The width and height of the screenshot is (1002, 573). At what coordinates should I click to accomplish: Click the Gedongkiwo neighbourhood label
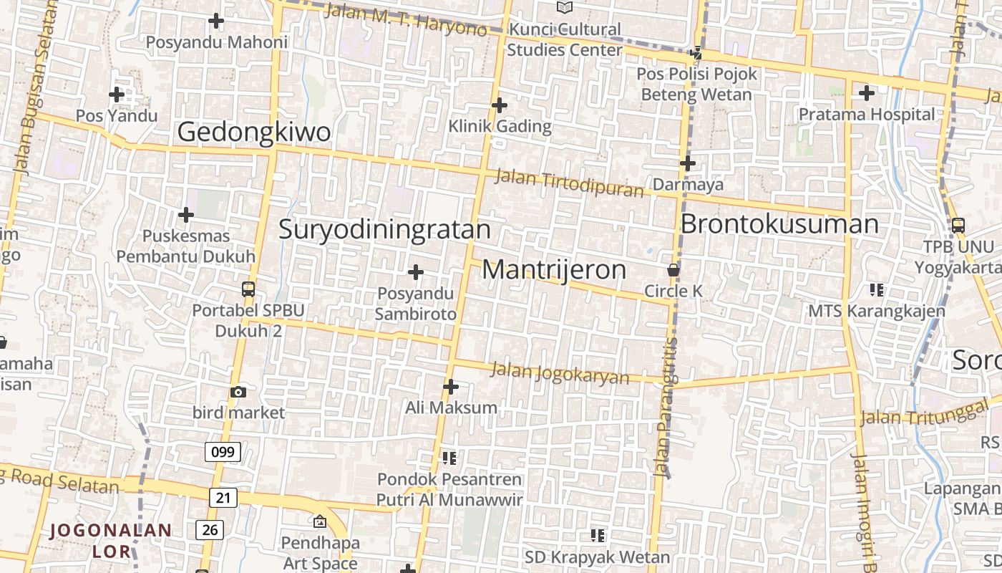pos(254,133)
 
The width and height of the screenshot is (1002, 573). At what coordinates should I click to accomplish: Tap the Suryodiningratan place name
pos(384,230)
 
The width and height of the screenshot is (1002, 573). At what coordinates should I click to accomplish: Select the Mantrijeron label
pos(554,270)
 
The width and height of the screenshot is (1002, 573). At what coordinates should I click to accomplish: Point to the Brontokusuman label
pos(779,224)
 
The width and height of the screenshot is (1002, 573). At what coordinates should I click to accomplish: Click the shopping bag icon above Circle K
pos(673,270)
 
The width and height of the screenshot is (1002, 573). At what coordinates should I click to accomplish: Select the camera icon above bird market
pos(238,392)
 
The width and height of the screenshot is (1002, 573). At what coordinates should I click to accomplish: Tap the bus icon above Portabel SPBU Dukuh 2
pos(248,289)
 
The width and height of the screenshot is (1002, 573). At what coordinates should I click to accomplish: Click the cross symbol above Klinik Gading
pos(500,105)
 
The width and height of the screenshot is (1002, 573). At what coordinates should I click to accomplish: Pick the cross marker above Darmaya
pos(688,163)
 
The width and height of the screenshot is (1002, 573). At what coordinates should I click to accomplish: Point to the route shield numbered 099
pos(223,452)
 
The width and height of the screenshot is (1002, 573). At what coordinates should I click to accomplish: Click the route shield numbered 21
pos(223,497)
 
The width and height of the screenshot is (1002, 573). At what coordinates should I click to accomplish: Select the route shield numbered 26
pos(210,530)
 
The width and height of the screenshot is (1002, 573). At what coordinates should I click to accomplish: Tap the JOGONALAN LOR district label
pos(112,541)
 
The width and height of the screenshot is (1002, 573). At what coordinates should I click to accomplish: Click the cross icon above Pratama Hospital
pos(867,92)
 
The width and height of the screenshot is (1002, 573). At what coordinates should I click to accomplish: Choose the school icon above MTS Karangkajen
pos(877,290)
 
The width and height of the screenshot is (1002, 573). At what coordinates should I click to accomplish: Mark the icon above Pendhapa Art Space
pos(319,521)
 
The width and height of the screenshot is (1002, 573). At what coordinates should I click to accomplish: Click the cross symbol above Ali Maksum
pos(451,387)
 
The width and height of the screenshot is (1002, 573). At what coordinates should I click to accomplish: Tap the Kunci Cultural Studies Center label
pos(564,40)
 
